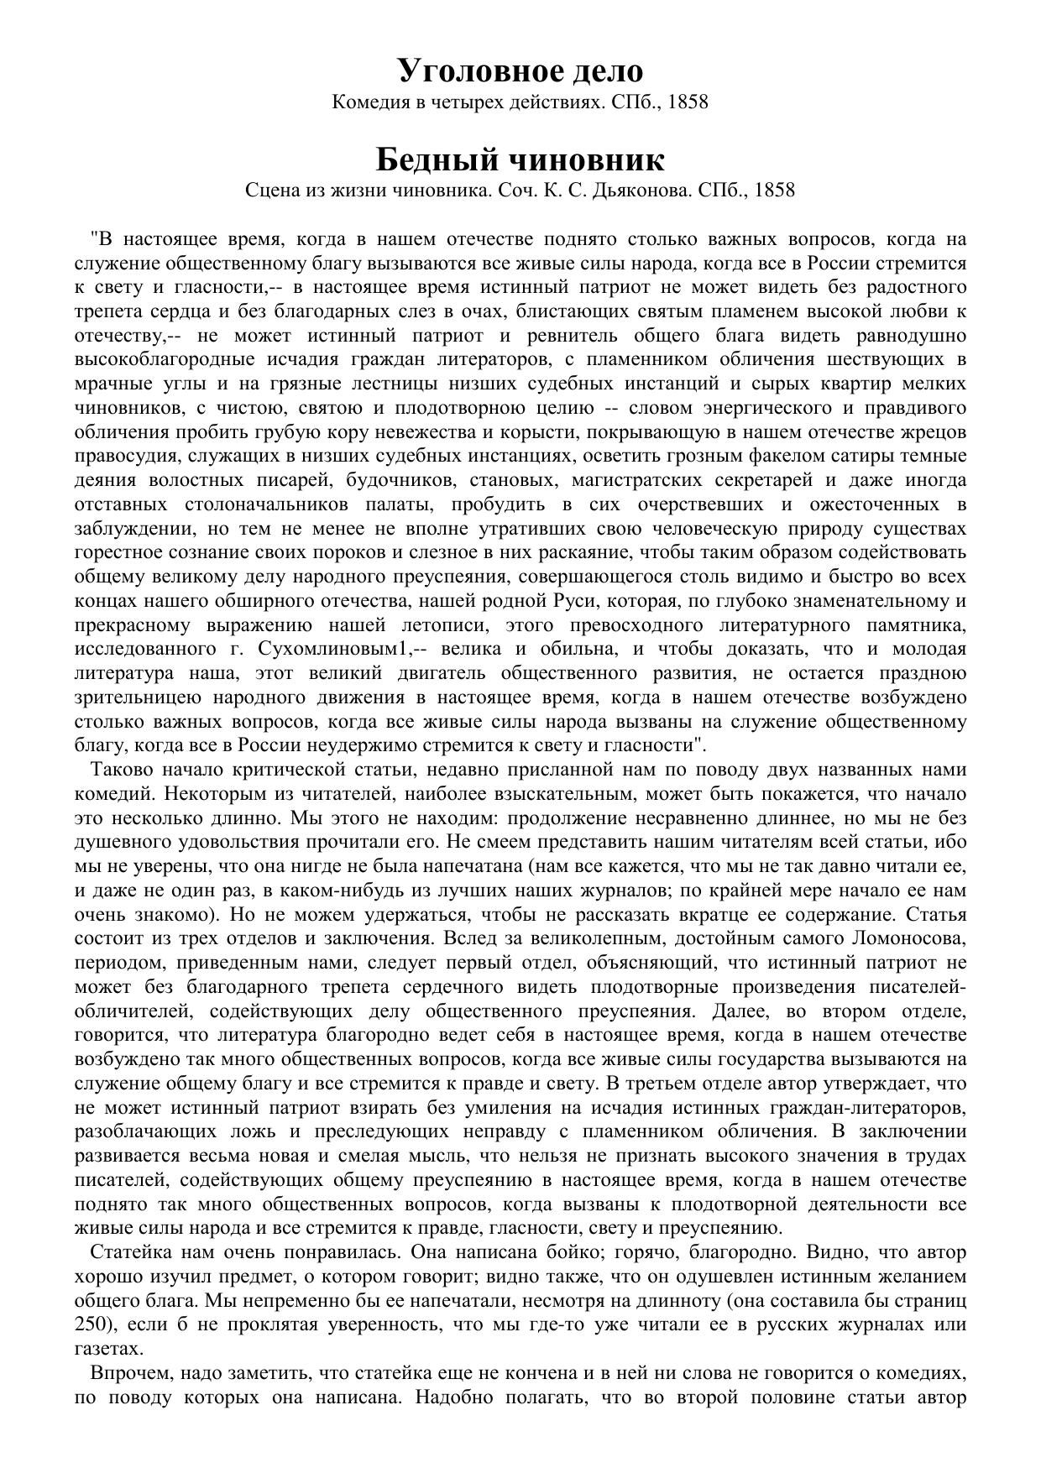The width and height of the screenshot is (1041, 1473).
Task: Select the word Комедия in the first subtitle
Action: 367,102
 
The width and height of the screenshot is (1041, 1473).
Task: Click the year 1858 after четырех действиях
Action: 686,102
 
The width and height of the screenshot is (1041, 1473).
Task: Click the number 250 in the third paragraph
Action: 90,1325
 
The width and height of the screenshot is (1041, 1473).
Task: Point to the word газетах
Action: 108,1350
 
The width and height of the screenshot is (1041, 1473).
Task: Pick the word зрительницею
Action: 138,697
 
